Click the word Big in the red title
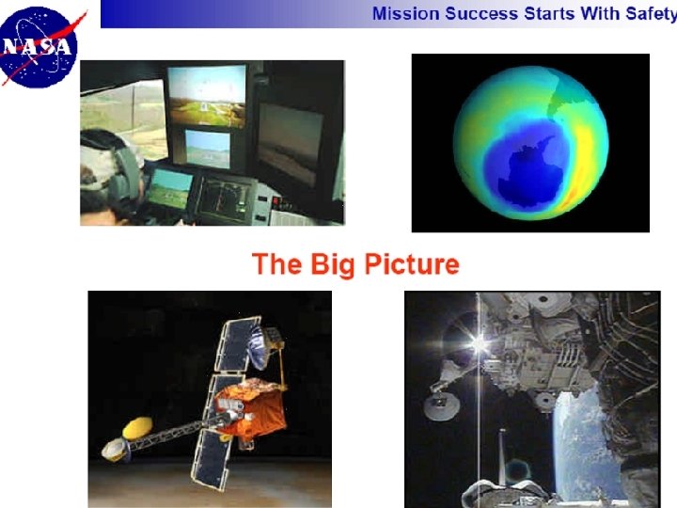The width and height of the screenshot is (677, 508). coord(330,264)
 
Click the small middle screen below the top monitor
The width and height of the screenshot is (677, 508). coord(207,147)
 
